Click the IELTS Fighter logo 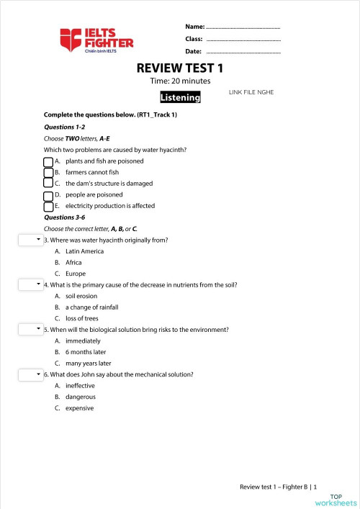click(97, 40)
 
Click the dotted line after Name click(243, 27)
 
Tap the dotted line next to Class click(243, 40)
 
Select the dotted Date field click(243, 53)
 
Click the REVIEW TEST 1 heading click(180, 68)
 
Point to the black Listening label click(180, 97)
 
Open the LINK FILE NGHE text click(251, 92)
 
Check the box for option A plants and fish click(48, 161)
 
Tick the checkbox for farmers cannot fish click(48, 172)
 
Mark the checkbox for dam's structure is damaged click(48, 183)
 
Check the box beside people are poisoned click(48, 194)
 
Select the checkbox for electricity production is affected click(48, 205)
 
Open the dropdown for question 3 click(30, 239)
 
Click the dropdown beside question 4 click(30, 284)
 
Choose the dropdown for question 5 click(30, 329)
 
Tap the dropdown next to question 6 click(30, 374)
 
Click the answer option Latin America click(84, 251)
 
